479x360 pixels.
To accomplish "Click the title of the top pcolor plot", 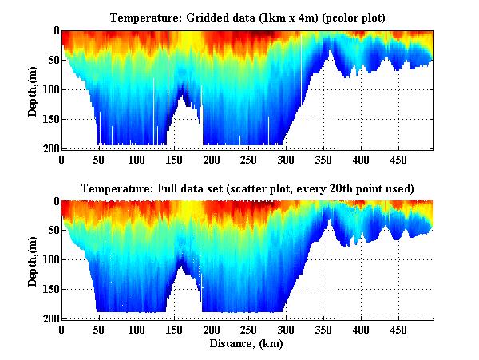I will pyautogui.click(x=247, y=17).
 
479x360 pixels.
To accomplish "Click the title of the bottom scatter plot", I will pyautogui.click(x=247, y=188).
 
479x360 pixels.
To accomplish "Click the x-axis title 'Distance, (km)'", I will pyautogui.click(x=247, y=344).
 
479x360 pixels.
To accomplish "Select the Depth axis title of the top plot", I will pyautogui.click(x=33, y=89).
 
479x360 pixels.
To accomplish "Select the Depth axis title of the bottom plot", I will pyautogui.click(x=33, y=260).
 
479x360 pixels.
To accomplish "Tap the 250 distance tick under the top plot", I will pyautogui.click(x=212, y=159).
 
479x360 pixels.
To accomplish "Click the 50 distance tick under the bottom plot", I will pyautogui.click(x=99, y=330).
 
